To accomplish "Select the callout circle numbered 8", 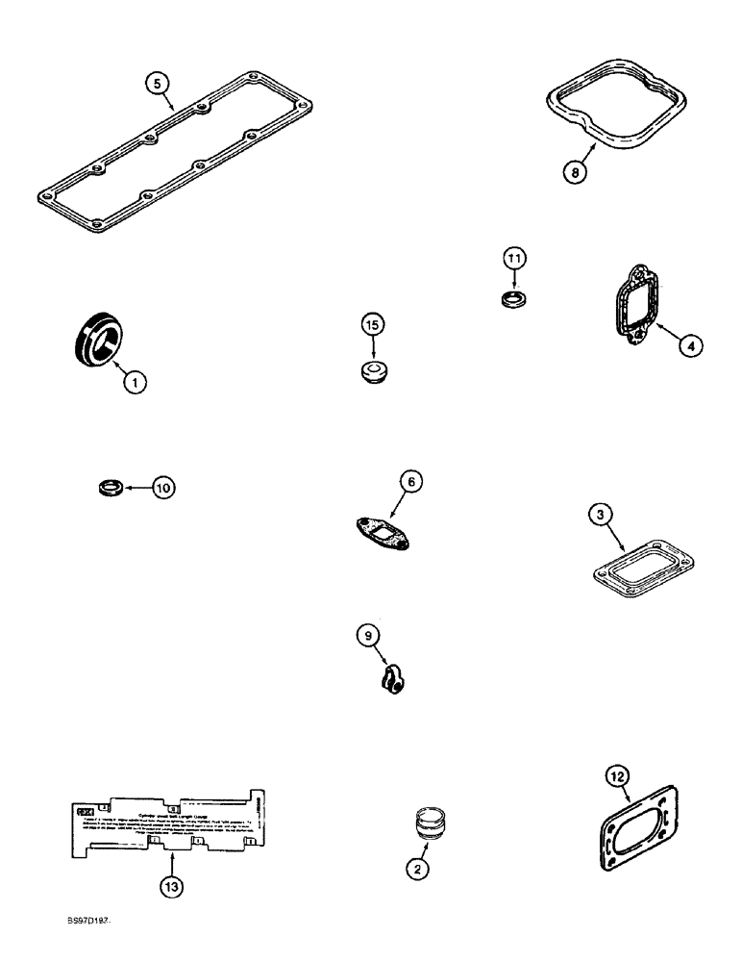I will point(575,174).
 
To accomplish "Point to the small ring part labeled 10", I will point(111,488).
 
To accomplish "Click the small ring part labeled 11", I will point(515,299).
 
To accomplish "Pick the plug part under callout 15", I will point(374,372).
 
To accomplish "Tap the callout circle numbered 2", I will point(417,869).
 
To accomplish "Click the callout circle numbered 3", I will point(600,517).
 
